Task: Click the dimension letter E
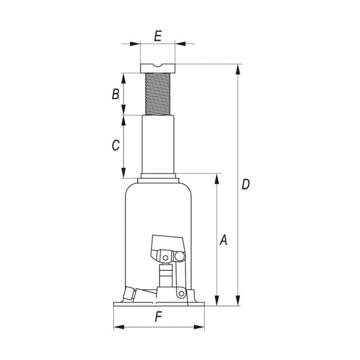[x=158, y=36]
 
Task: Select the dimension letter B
[x=115, y=94]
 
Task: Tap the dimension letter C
[x=116, y=145]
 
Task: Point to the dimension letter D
[x=245, y=184]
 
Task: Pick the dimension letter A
[x=223, y=240]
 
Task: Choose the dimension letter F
[x=158, y=317]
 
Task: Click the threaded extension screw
[x=158, y=94]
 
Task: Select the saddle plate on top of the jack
[x=158, y=68]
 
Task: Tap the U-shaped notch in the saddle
[x=158, y=66]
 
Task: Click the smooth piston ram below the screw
[x=158, y=145]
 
